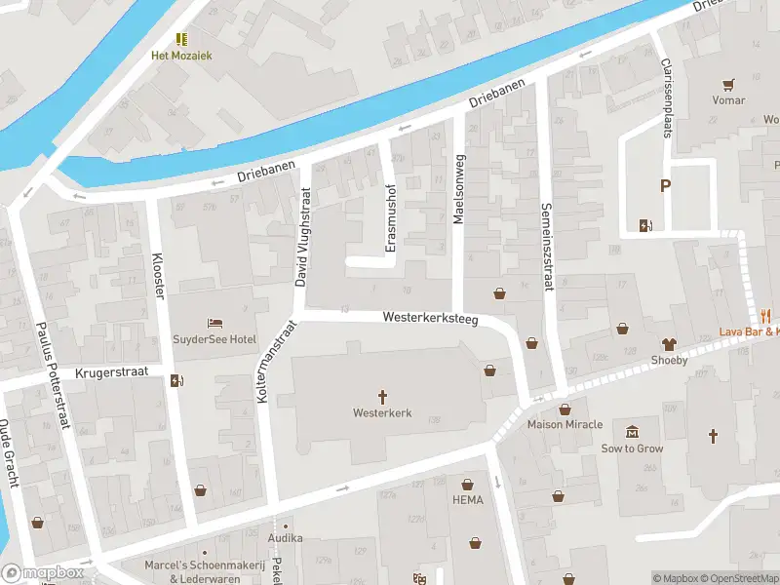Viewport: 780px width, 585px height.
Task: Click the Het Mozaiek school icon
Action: coord(181,38)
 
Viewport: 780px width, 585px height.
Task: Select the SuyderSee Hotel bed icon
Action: coord(214,323)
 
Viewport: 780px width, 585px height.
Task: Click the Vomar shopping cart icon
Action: coord(727,84)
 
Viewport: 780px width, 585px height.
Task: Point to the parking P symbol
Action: coord(666,186)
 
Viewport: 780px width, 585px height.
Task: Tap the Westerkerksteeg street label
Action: coord(430,318)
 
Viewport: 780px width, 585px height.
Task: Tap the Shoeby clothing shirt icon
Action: coord(669,343)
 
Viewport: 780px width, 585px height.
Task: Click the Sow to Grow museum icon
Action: coord(632,432)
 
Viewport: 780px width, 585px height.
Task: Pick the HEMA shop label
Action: coord(468,500)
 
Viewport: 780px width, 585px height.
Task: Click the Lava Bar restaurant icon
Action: coord(766,315)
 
